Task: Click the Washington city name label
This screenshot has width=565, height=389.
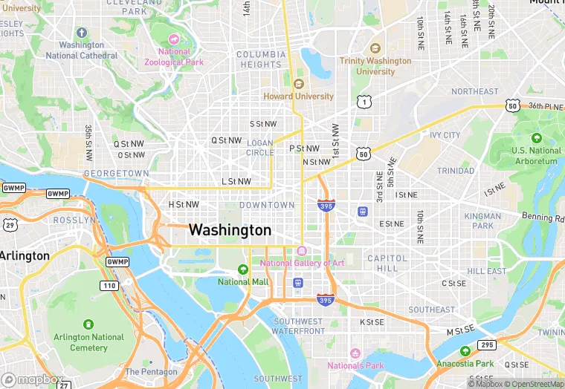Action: [230, 230]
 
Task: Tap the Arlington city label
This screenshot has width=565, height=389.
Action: [25, 256]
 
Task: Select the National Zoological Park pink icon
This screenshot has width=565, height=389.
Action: [174, 39]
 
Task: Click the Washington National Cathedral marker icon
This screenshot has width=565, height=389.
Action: [82, 33]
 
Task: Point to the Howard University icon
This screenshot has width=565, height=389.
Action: [299, 84]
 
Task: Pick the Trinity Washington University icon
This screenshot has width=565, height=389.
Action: [375, 48]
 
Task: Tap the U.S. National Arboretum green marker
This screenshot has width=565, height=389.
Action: [536, 138]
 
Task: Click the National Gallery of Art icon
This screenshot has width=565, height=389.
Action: [301, 250]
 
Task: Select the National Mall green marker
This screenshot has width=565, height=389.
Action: [242, 269]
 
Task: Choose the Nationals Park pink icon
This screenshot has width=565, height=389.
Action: [355, 353]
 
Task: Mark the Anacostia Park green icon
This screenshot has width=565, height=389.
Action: [465, 351]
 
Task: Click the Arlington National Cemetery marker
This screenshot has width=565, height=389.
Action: [89, 324]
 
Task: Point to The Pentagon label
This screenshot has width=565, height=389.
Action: [151, 372]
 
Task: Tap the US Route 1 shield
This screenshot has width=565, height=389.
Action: [364, 101]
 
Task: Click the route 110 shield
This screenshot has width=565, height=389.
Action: [109, 285]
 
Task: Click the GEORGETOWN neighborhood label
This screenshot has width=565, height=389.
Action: [116, 173]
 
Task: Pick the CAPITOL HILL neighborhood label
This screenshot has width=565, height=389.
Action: [387, 263]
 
